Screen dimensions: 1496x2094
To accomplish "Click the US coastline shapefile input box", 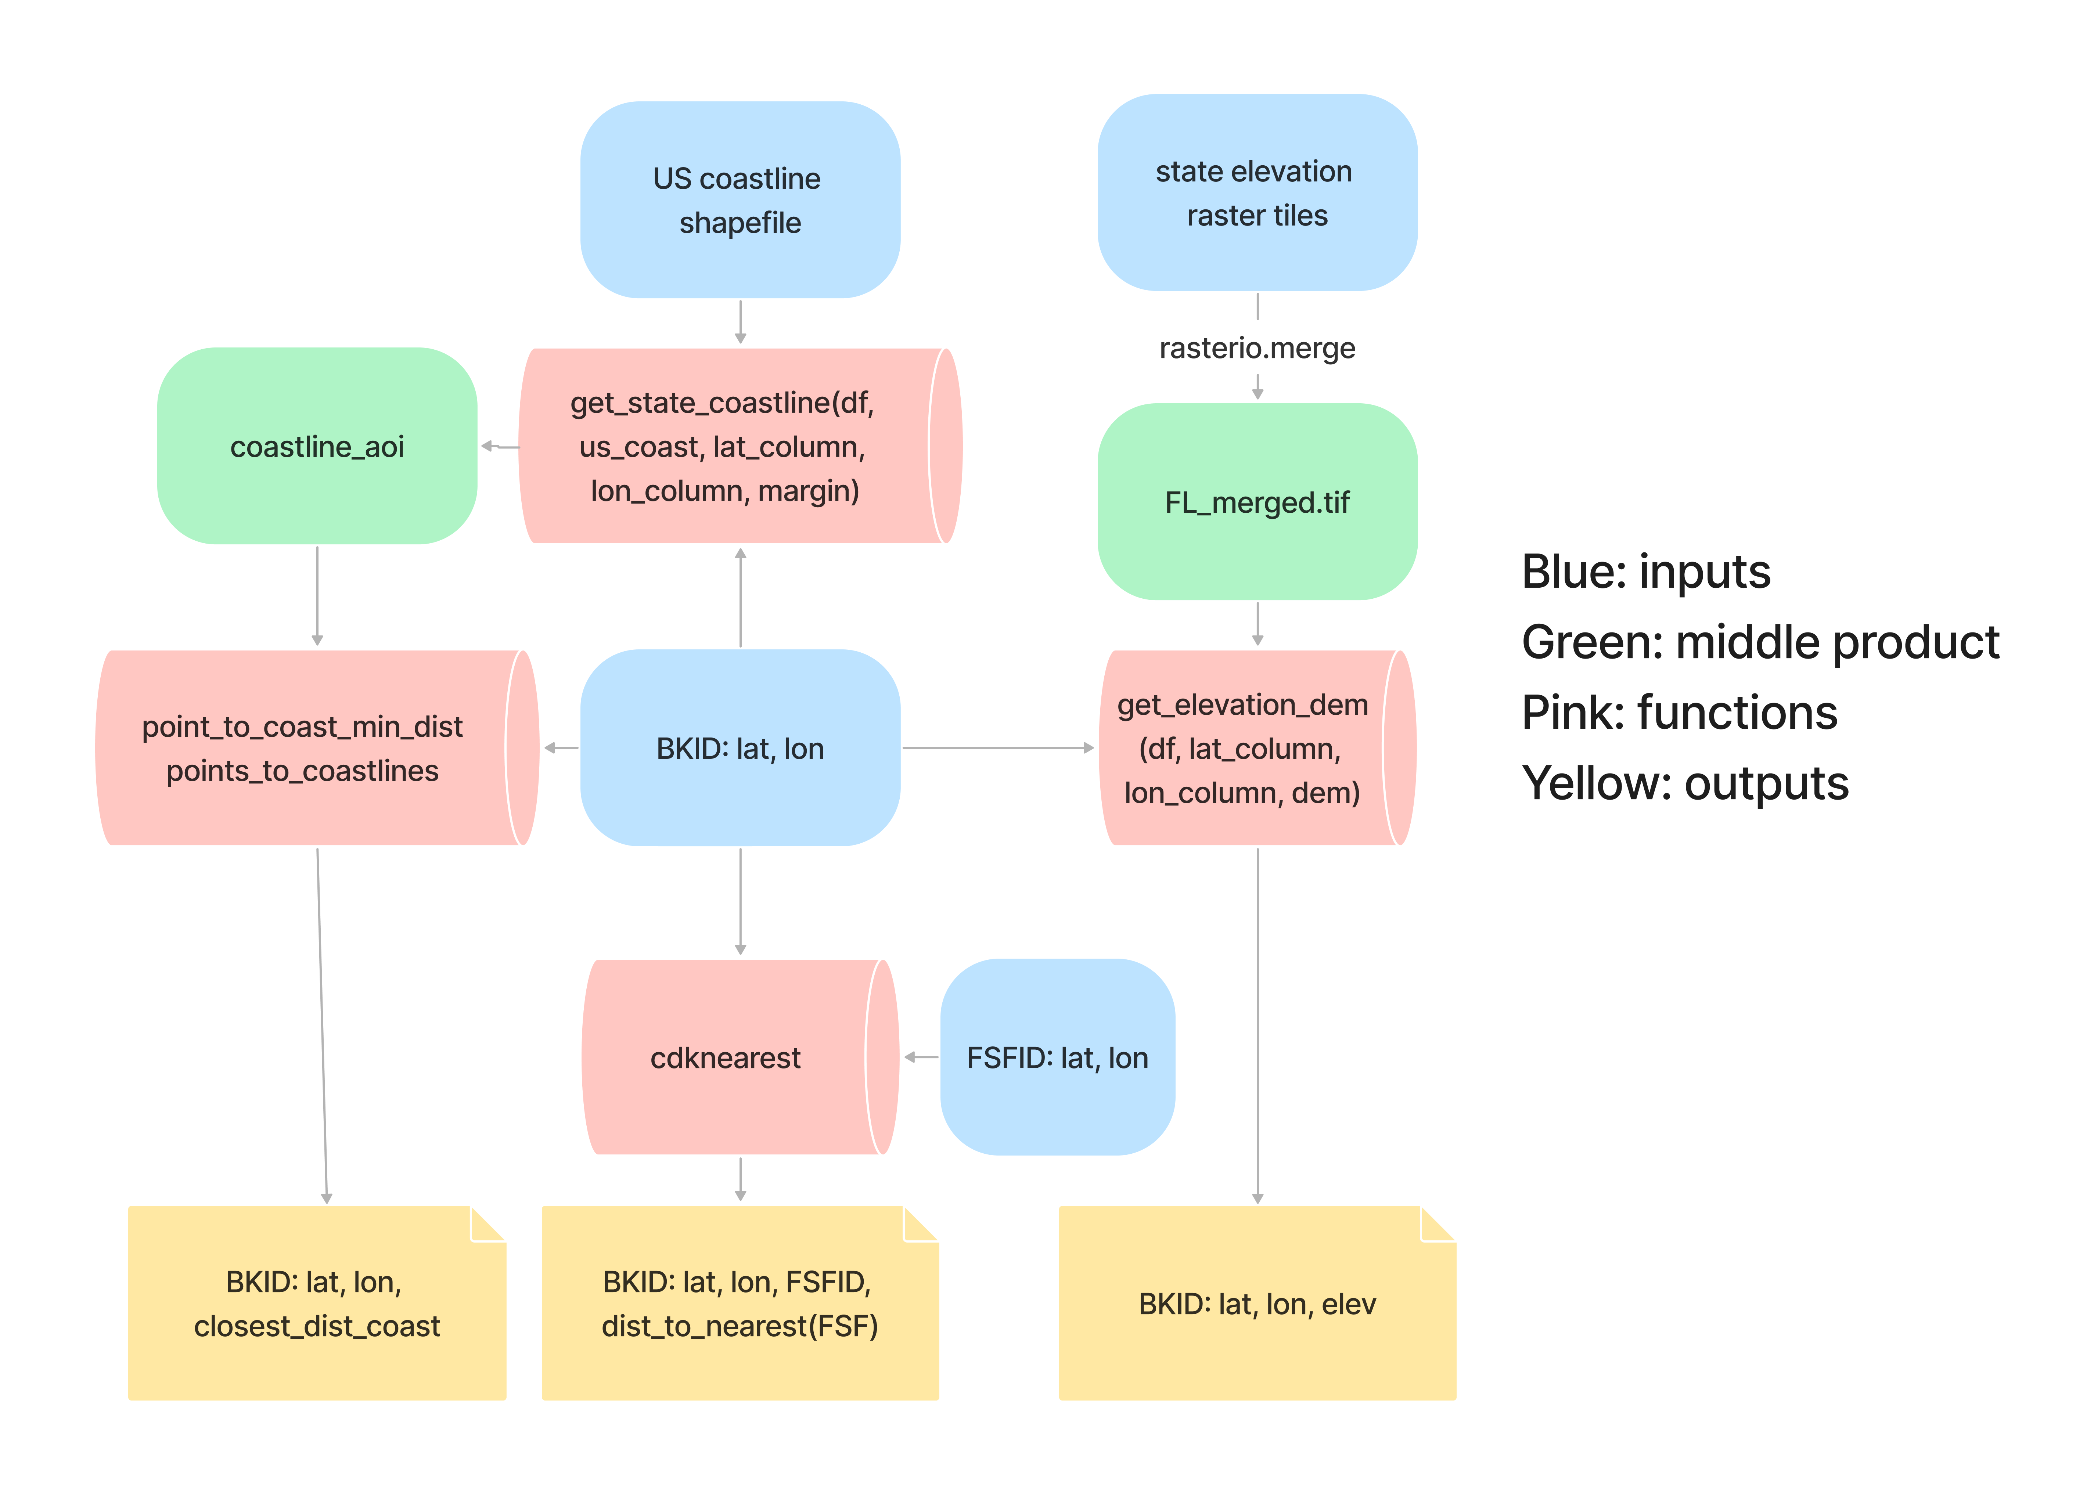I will (x=740, y=200).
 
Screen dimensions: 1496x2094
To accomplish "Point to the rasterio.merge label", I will (x=1257, y=348).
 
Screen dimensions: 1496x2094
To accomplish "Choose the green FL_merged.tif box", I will (x=1257, y=502).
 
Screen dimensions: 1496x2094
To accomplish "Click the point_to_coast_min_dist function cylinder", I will (x=304, y=748).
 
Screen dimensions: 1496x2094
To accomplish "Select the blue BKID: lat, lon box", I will (x=740, y=748).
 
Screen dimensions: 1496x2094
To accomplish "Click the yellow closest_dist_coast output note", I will (x=317, y=1304).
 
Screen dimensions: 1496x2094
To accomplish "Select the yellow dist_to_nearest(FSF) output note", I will (x=740, y=1304).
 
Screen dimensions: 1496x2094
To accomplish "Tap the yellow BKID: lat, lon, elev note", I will (x=1257, y=1304).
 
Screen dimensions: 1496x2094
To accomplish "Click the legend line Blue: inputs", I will (x=1645, y=571).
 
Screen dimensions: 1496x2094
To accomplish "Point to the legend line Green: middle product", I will (x=1760, y=642).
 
